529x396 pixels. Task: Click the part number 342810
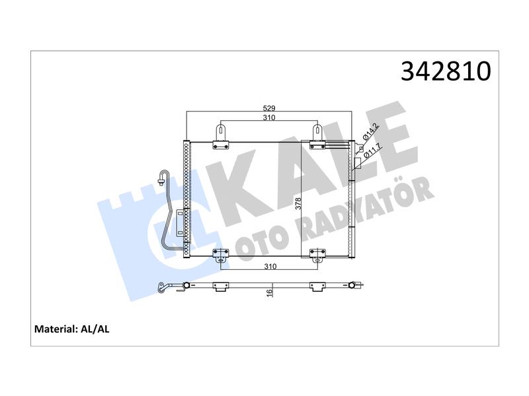click(x=445, y=71)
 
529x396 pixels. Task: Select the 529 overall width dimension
click(x=269, y=108)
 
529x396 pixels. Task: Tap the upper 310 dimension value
click(x=269, y=117)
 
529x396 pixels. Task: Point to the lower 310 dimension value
click(x=270, y=267)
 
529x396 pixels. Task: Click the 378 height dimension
click(x=298, y=203)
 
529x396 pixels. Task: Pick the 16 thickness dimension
click(x=269, y=293)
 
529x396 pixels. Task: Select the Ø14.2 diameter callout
click(x=370, y=131)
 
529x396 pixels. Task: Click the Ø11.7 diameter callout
click(x=372, y=150)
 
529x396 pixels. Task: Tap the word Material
click(x=56, y=329)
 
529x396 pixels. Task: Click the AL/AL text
click(x=95, y=329)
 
